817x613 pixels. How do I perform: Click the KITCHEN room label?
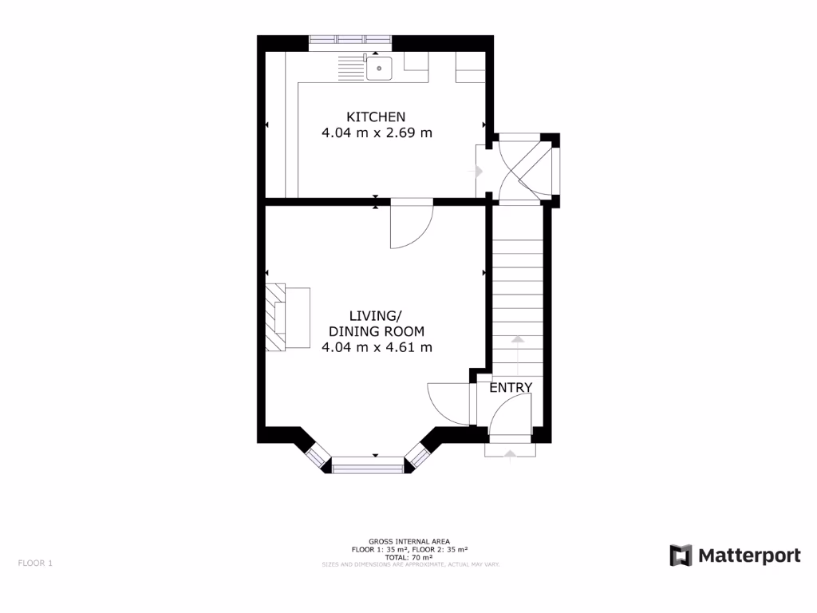pyautogui.click(x=376, y=117)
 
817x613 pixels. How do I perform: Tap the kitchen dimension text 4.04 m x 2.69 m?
pyautogui.click(x=377, y=133)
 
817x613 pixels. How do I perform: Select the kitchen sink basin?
pyautogui.click(x=379, y=68)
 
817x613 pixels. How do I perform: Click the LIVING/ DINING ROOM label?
pyautogui.click(x=377, y=323)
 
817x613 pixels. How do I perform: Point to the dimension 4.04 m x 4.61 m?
pyautogui.click(x=377, y=347)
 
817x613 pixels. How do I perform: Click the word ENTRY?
pyautogui.click(x=511, y=388)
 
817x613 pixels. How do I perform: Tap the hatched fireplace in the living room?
pyautogui.click(x=274, y=317)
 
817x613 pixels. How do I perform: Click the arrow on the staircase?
pyautogui.click(x=517, y=340)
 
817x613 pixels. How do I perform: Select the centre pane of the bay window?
pyautogui.click(x=368, y=464)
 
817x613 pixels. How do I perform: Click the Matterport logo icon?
pyautogui.click(x=681, y=556)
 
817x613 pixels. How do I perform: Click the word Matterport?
pyautogui.click(x=749, y=556)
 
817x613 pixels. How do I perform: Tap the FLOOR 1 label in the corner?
pyautogui.click(x=35, y=563)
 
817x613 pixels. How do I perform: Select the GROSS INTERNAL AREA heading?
pyautogui.click(x=410, y=541)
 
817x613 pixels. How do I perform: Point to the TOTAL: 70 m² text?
pyautogui.click(x=410, y=557)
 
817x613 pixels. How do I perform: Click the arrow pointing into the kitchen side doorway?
pyautogui.click(x=478, y=171)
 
